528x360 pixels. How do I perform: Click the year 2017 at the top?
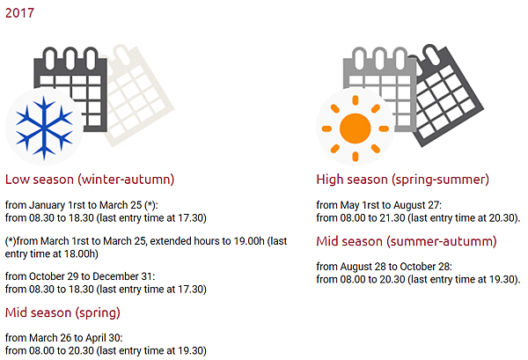[19, 13]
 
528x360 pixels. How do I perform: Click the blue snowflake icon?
[44, 128]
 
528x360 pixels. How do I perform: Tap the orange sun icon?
[355, 129]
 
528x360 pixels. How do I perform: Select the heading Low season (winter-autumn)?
[90, 180]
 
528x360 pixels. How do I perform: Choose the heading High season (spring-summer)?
[402, 180]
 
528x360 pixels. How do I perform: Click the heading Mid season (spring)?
[62, 312]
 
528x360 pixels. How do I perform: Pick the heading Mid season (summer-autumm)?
[407, 241]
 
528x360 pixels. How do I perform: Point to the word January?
[48, 205]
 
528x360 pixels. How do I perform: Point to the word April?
[96, 338]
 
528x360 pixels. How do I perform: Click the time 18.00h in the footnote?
[81, 253]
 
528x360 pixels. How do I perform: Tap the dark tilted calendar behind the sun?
[449, 96]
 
